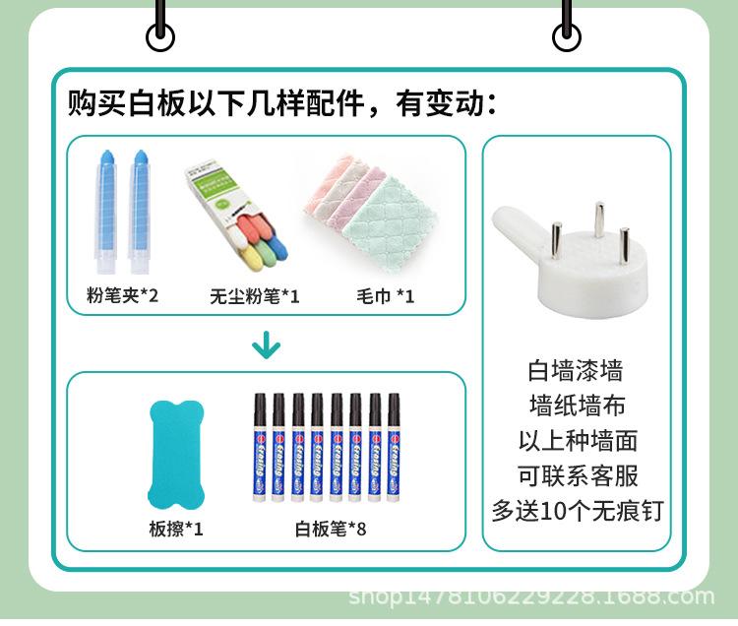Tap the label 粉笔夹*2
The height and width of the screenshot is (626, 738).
click(122, 295)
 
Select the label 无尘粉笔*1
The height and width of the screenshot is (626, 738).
click(254, 295)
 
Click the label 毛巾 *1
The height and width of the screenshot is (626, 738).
click(385, 295)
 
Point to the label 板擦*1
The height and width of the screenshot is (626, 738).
click(176, 530)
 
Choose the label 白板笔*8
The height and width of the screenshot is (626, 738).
click(331, 530)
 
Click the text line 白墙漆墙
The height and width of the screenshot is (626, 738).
click(576, 372)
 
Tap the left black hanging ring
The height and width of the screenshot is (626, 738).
click(160, 36)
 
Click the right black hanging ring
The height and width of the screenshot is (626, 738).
click(566, 36)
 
